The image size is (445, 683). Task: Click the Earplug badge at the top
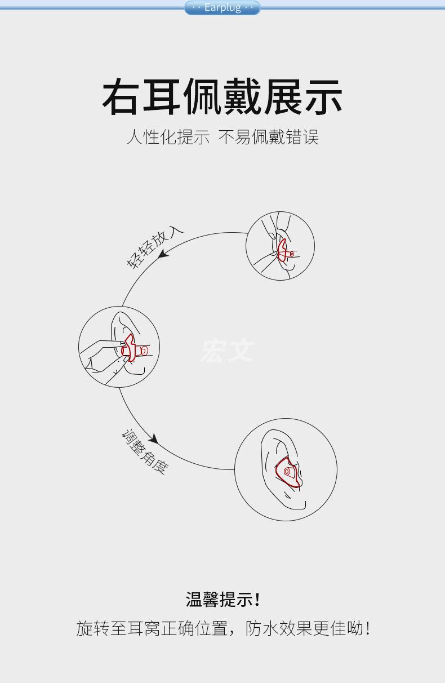coord(222,8)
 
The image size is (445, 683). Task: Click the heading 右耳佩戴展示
coord(222,97)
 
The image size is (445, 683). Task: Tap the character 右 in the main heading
coord(122,97)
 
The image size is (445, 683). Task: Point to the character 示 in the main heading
coord(323,97)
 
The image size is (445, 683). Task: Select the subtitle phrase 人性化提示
coord(168,137)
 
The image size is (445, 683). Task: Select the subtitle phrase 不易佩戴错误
coord(268,137)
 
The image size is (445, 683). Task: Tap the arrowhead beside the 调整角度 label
coord(153,439)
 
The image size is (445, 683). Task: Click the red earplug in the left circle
coord(133,349)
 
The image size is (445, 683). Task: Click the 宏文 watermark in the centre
coord(228,351)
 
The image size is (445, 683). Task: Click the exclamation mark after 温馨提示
coord(257,599)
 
